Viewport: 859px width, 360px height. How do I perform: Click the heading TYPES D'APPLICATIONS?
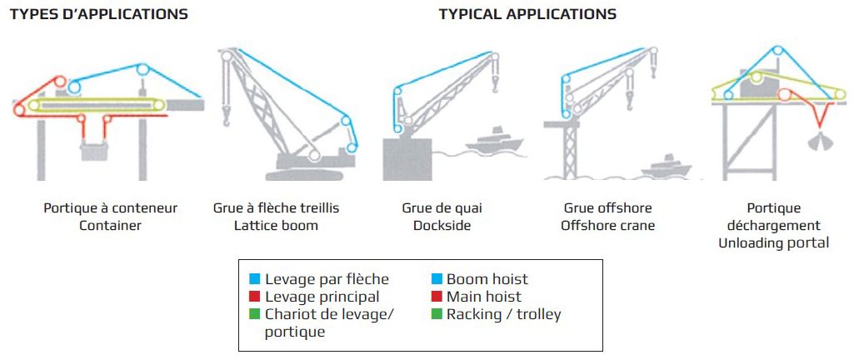(x=98, y=14)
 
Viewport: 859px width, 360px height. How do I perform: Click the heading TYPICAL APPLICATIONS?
(x=527, y=14)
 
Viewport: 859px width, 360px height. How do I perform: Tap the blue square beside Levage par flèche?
(x=255, y=280)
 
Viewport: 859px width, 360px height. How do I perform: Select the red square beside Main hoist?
(x=437, y=297)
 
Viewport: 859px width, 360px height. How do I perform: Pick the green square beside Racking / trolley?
(x=437, y=314)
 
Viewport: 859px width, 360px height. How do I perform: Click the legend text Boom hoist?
(x=487, y=280)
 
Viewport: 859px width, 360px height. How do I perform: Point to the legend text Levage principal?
(x=322, y=297)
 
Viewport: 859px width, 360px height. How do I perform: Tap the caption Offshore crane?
(x=607, y=225)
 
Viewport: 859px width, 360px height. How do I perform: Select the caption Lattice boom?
(x=277, y=225)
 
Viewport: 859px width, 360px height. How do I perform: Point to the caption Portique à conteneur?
(x=111, y=208)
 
